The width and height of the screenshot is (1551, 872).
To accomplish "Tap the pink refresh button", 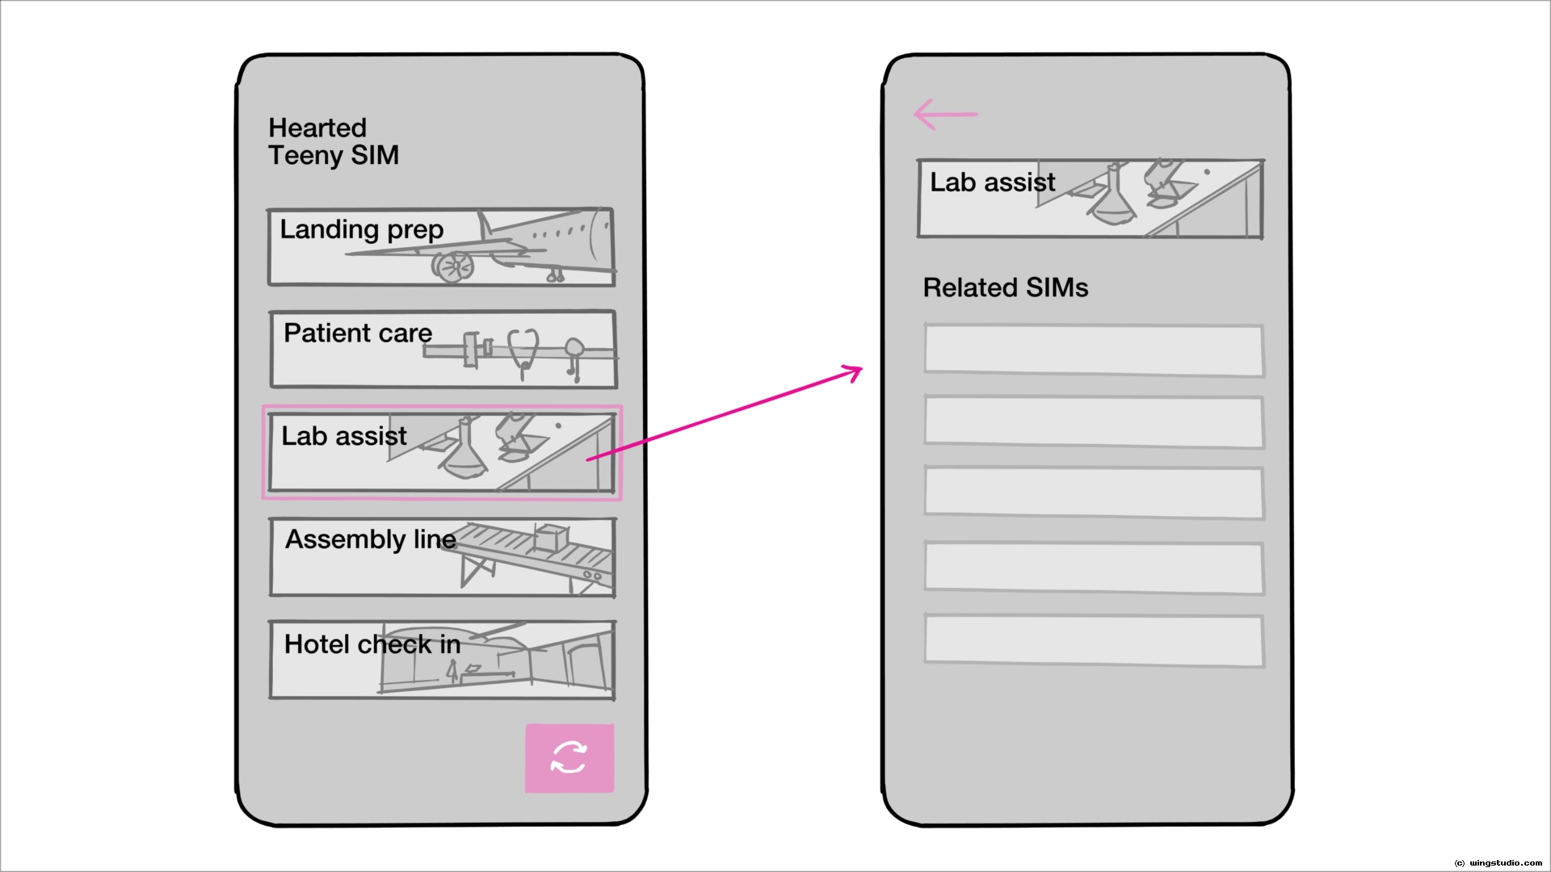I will (570, 758).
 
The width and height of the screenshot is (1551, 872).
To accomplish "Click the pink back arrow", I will (945, 115).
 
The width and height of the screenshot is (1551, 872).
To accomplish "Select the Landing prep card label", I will (361, 230).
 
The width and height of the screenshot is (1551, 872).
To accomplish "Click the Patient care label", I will (358, 333).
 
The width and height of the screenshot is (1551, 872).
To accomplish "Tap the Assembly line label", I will (370, 539).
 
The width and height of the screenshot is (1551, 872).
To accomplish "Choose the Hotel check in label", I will (372, 644).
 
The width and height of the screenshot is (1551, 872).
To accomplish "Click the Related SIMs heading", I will (1005, 288).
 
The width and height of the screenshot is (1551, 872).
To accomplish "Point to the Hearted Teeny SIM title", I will (333, 141).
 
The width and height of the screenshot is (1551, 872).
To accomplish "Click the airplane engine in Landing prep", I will (452, 266).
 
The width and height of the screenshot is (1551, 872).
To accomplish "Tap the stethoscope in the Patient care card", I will (523, 350).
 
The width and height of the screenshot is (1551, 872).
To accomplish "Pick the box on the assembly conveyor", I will (551, 537).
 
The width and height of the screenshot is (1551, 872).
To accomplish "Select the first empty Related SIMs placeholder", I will (1094, 350).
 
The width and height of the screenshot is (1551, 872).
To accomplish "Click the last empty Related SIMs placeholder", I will (1094, 640).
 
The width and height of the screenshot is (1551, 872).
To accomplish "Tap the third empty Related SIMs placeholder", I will (1094, 493).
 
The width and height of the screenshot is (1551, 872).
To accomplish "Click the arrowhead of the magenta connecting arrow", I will (855, 372).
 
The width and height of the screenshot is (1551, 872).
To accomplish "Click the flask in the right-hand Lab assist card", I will (1113, 198).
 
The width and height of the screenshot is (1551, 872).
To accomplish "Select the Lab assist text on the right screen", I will (992, 182).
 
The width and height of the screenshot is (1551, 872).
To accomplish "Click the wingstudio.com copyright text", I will (1498, 863).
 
